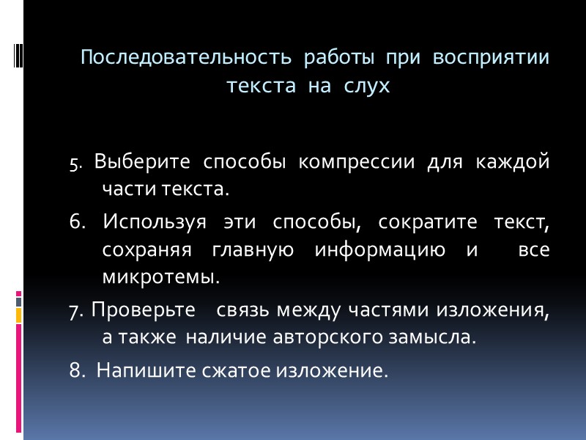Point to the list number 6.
[x=78, y=221]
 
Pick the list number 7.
[x=76, y=311]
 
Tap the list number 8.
[x=77, y=371]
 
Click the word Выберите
[x=142, y=161]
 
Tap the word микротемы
[x=161, y=278]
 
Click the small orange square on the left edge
[x=18, y=315]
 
